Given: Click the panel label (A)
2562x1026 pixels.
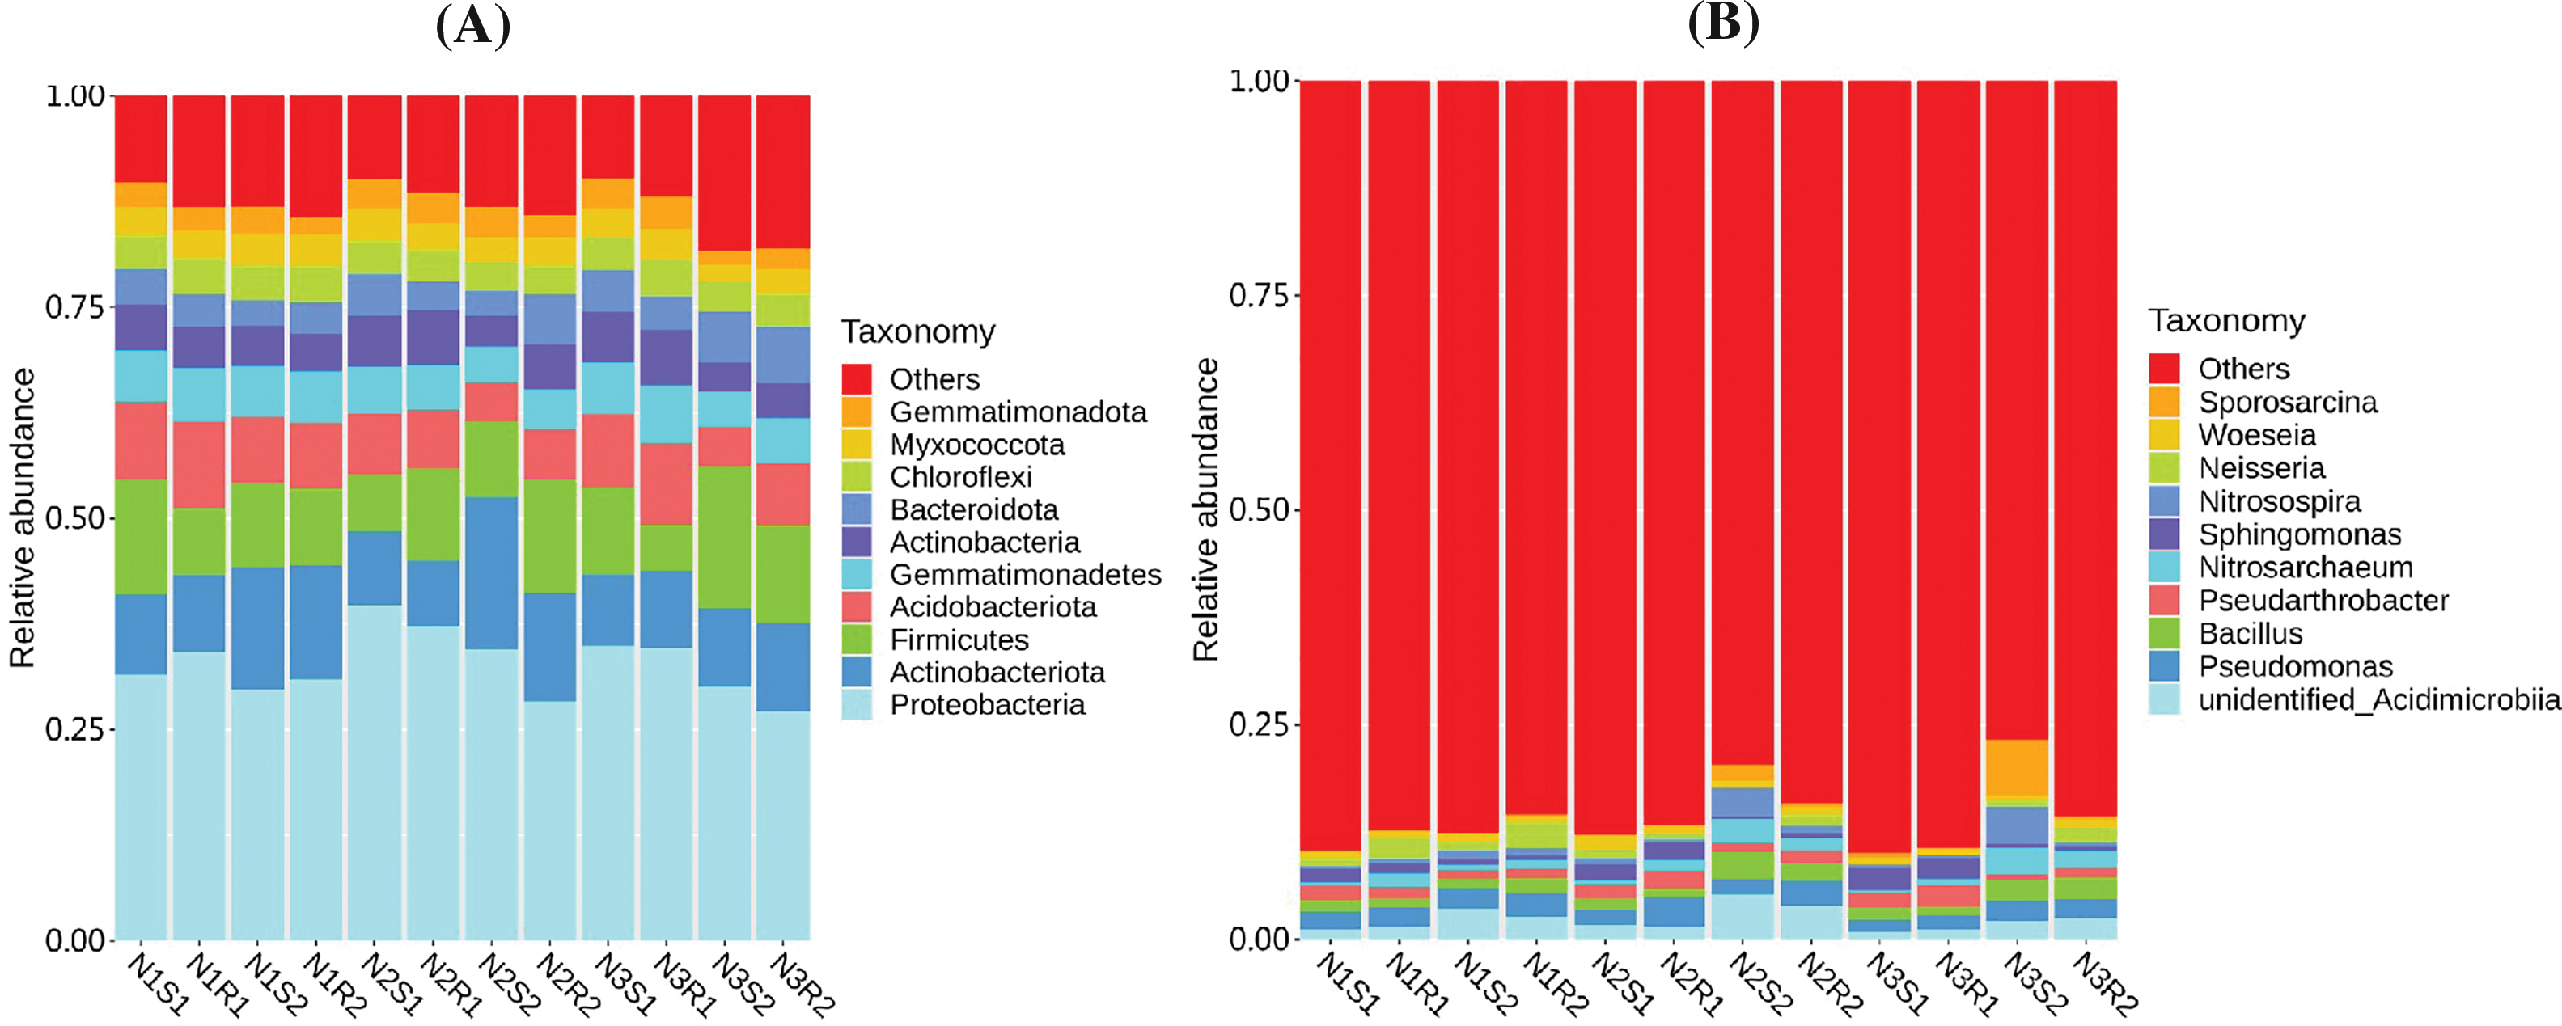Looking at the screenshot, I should pyautogui.click(x=473, y=26).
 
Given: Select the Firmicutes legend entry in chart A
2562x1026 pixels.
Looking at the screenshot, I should pyautogui.click(x=959, y=640).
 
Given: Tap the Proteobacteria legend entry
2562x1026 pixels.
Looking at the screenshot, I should pyautogui.click(x=987, y=705).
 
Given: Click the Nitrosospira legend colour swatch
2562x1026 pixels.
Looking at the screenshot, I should pyautogui.click(x=2164, y=501).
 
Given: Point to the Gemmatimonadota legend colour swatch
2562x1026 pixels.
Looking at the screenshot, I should pyautogui.click(x=857, y=412).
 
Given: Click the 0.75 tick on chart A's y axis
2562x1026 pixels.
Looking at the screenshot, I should pyautogui.click(x=74, y=307).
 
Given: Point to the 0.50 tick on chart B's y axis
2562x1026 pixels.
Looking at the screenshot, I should pyautogui.click(x=1259, y=510).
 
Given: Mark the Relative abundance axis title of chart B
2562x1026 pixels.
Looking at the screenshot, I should pyautogui.click(x=1206, y=510).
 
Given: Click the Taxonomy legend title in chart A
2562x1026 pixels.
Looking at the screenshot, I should pyautogui.click(x=918, y=331).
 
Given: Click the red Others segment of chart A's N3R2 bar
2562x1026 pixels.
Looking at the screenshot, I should pyautogui.click(x=783, y=171).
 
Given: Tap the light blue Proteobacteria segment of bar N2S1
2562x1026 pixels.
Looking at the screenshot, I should pyautogui.click(x=375, y=771).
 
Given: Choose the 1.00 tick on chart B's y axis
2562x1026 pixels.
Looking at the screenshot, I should pyautogui.click(x=1259, y=81).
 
